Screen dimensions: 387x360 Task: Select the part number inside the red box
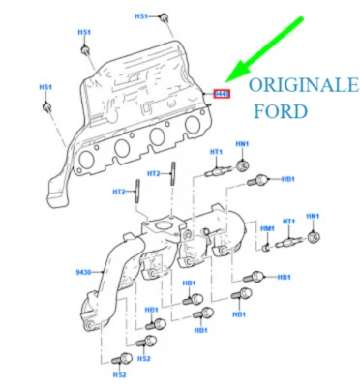(221, 94)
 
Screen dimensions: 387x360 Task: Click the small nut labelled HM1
(262, 246)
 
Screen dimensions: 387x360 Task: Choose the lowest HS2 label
(119, 373)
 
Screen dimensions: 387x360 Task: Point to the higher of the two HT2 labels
(153, 173)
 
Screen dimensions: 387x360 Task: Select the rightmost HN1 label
(313, 215)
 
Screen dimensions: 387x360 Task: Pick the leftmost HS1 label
(45, 86)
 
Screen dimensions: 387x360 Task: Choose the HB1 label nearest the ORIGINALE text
(288, 179)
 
